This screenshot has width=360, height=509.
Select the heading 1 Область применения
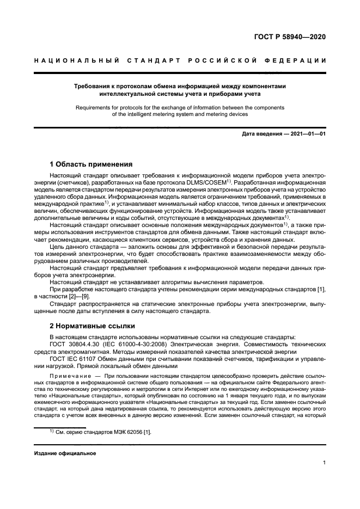[91, 164]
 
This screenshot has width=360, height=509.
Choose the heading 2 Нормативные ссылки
[91, 326]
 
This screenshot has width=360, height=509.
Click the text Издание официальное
[65, 453]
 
